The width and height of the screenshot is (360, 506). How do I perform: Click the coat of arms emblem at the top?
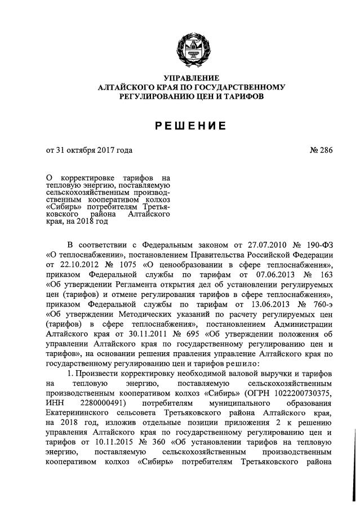(191, 47)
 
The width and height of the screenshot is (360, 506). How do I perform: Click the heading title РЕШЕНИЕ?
(190, 126)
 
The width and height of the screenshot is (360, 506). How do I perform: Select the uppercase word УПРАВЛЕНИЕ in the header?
(191, 78)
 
